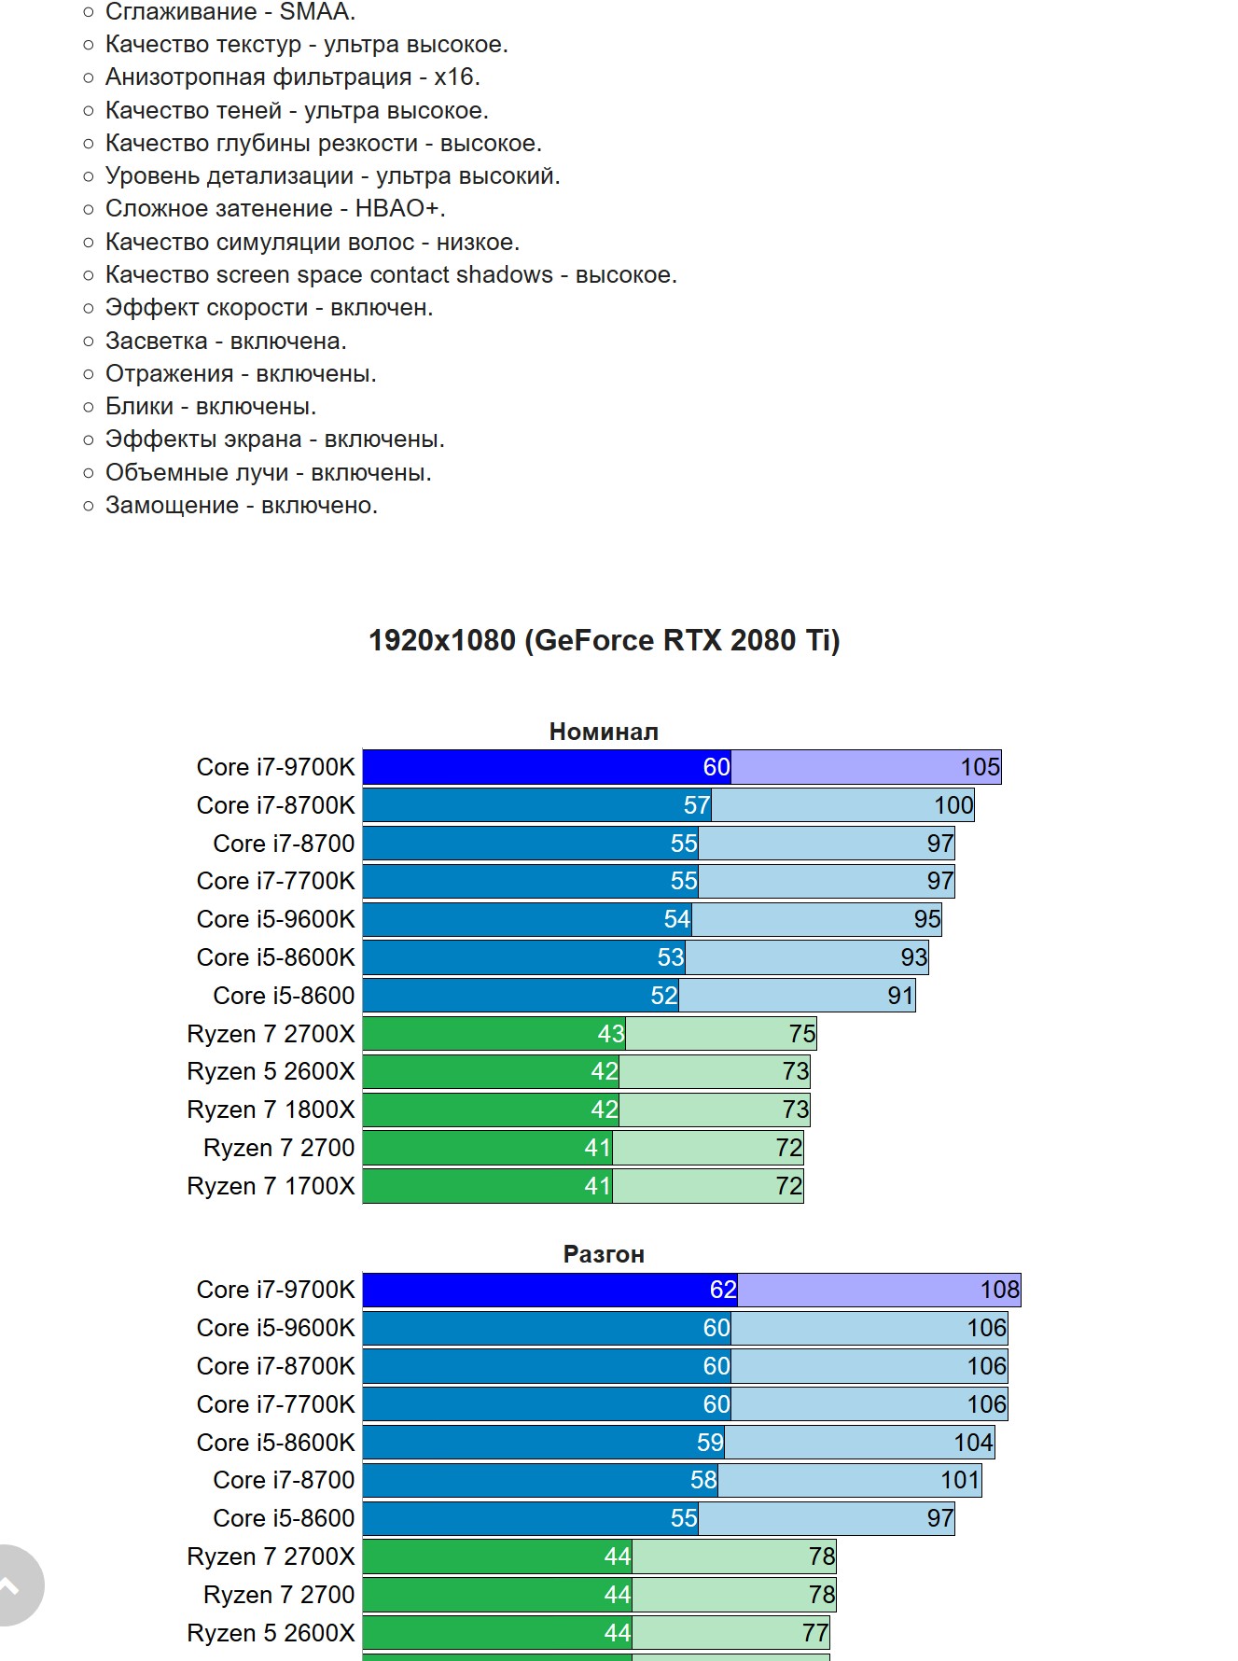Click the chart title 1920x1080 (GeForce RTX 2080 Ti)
(604, 640)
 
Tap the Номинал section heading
(604, 732)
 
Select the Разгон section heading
(604, 1254)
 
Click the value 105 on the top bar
(980, 767)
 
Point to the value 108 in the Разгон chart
(999, 1290)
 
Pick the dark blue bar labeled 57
(536, 805)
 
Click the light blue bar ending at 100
(842, 805)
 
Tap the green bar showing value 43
(494, 1034)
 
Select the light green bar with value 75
(720, 1034)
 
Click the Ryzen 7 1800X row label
(271, 1110)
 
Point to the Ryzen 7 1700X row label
(271, 1186)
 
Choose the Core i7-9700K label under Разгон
(275, 1290)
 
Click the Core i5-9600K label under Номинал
(275, 919)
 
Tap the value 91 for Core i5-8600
(899, 996)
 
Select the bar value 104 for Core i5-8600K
(972, 1443)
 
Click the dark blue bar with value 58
(540, 1480)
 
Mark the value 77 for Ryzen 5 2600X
(814, 1633)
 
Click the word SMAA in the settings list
(317, 12)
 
